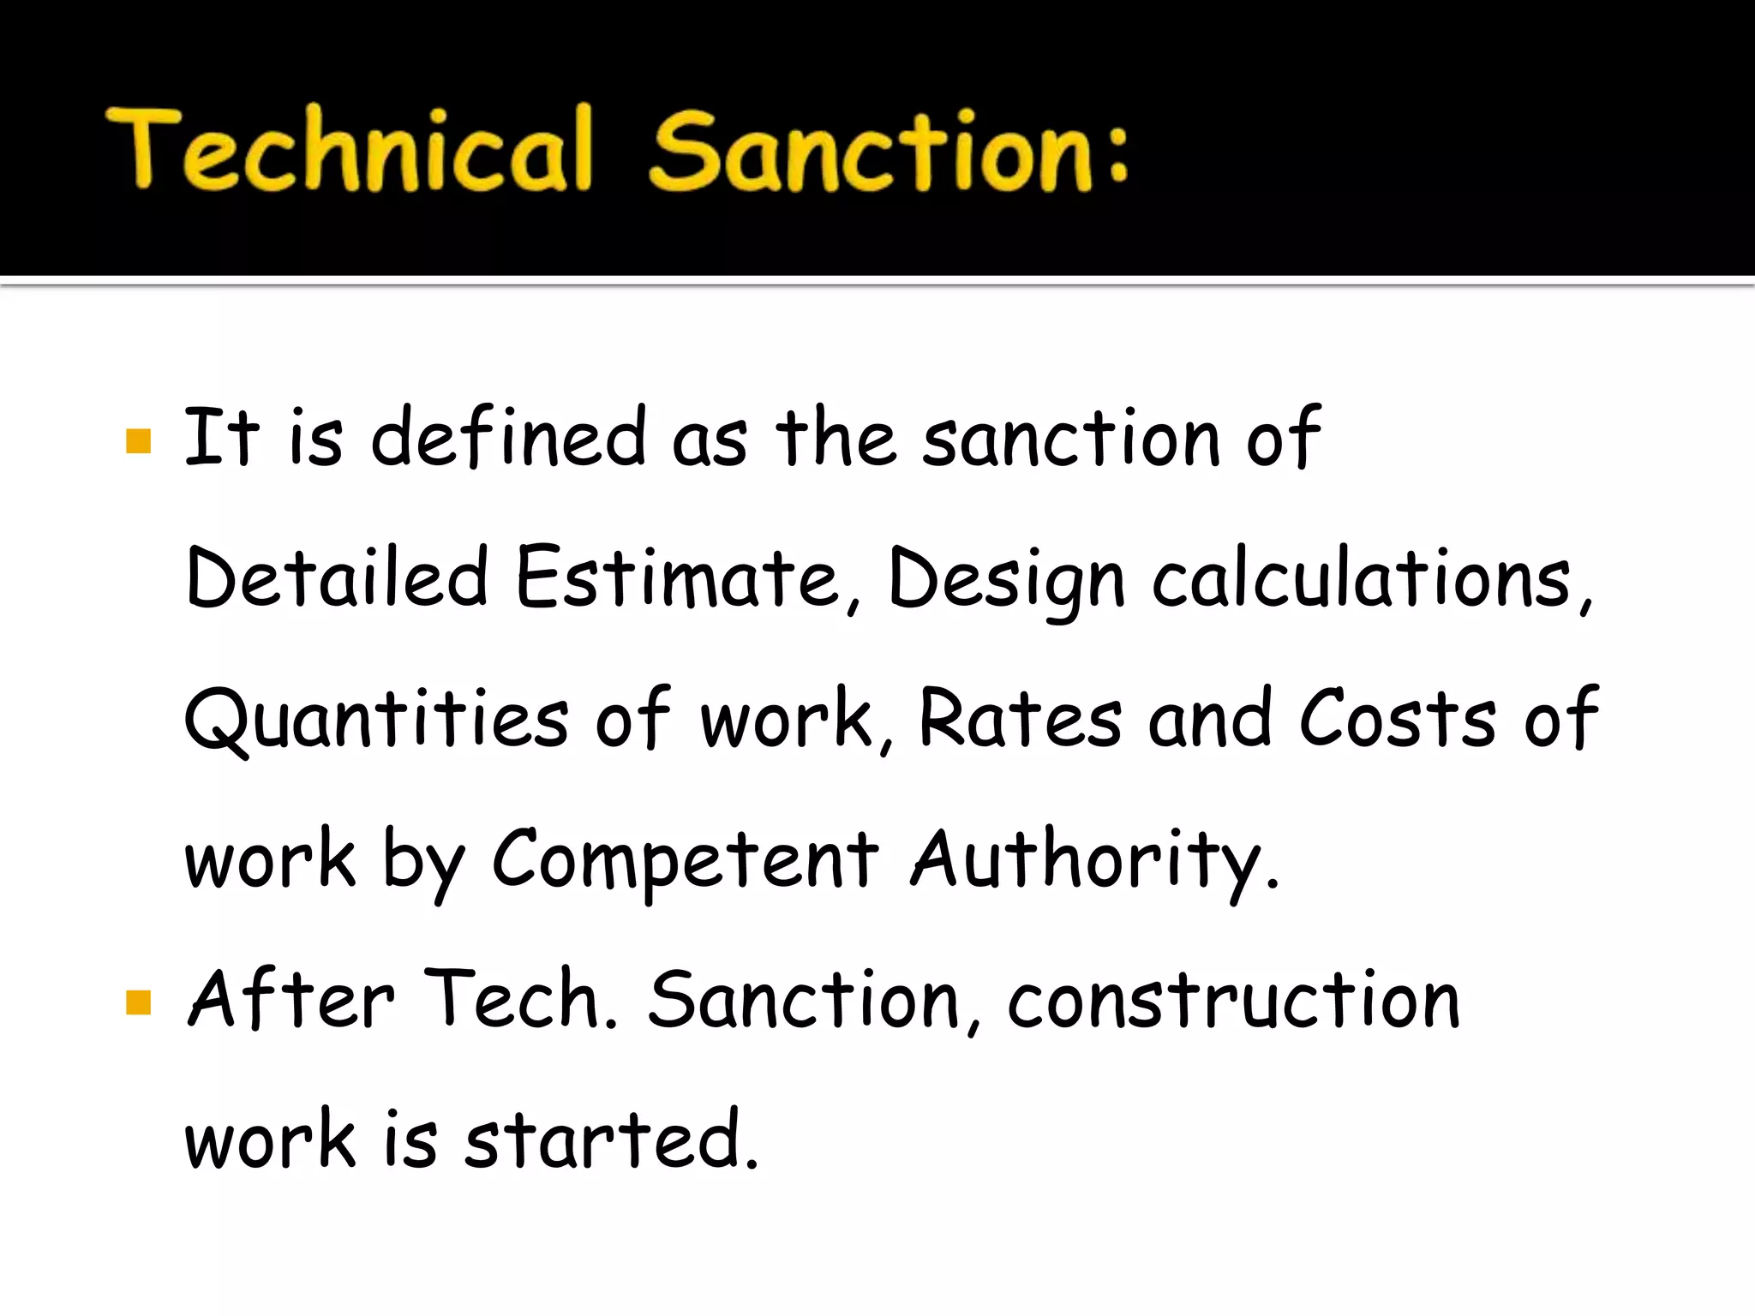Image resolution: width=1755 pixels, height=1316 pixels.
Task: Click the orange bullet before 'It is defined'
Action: [x=138, y=441]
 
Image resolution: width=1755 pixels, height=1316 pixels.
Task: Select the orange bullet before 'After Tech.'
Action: [x=138, y=1002]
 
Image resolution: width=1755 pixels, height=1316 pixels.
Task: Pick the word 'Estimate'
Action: [x=677, y=578]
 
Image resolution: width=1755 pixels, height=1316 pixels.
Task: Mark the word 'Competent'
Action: [x=686, y=861]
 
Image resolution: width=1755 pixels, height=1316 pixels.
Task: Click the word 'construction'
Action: [x=1234, y=1001]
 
